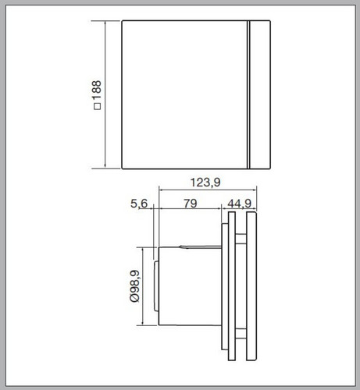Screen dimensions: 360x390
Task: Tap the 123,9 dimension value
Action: (205, 183)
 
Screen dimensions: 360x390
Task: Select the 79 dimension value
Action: (191, 204)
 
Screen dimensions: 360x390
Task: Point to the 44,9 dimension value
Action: (239, 204)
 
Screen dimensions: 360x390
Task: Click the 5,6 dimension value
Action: (139, 204)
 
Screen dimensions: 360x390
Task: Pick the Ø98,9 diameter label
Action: (135, 286)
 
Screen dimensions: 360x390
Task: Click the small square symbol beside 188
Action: (97, 107)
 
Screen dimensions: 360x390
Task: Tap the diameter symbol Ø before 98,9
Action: (135, 299)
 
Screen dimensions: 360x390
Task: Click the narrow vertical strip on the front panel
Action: (248, 94)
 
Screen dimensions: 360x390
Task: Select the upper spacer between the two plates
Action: (241, 239)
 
